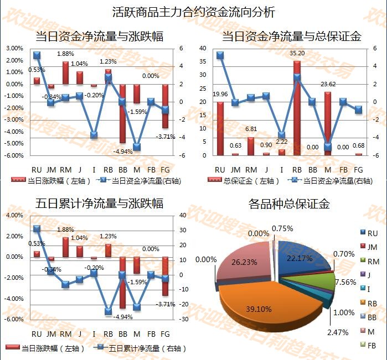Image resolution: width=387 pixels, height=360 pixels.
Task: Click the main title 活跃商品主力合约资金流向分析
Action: (x=193, y=12)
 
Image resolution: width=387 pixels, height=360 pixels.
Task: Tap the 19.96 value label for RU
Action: (x=220, y=94)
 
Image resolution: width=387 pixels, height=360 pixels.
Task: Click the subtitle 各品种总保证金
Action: (x=290, y=204)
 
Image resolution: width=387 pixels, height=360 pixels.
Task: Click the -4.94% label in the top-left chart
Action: (x=123, y=151)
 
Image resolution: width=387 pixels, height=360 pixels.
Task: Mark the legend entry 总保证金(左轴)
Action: (x=238, y=180)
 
